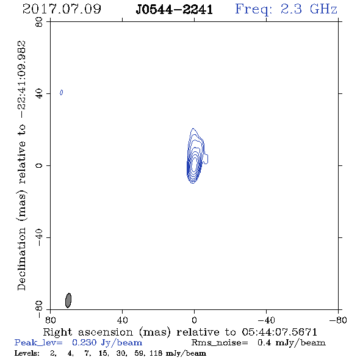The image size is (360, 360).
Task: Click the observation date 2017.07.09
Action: coord(62,9)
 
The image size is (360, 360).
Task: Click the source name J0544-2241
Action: coord(175,10)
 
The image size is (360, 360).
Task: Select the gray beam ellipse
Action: coord(68,300)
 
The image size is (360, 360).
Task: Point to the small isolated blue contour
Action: coord(61,92)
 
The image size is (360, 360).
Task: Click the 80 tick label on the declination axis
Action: coord(39,22)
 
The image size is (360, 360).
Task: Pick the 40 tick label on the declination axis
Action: coord(39,94)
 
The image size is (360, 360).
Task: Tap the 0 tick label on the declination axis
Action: coord(39,165)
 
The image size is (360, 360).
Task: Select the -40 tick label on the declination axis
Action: coord(39,237)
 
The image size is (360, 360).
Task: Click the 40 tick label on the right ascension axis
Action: coord(122,320)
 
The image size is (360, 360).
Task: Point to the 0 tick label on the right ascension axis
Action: coord(194,320)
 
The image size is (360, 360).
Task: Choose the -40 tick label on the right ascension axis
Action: coord(266,320)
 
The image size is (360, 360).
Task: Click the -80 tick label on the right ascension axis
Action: coord(338,320)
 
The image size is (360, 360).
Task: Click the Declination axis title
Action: coord(21,165)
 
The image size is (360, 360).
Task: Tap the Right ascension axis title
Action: coord(180,332)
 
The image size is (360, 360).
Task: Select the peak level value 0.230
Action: coord(84,342)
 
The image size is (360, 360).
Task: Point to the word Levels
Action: coord(27,353)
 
